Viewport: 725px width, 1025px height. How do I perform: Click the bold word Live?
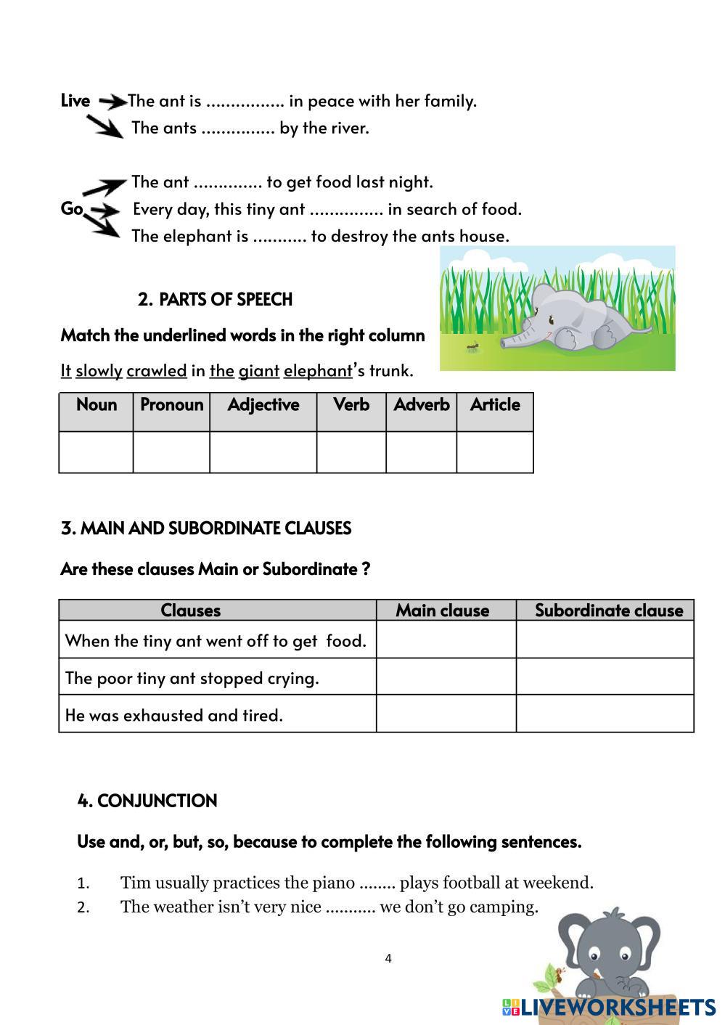[x=75, y=101]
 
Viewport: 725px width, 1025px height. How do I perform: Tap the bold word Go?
[x=71, y=209]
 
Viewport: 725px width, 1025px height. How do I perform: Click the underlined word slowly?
[x=99, y=371]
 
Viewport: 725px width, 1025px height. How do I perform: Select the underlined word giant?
[x=259, y=371]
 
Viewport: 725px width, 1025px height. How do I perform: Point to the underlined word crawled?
[x=157, y=371]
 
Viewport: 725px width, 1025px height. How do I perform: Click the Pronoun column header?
[x=171, y=405]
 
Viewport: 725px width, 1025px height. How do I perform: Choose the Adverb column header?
[x=421, y=405]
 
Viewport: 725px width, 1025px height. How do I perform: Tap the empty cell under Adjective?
[x=263, y=452]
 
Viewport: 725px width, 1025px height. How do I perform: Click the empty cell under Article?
[x=495, y=452]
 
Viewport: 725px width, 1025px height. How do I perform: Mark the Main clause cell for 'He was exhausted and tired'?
[x=446, y=714]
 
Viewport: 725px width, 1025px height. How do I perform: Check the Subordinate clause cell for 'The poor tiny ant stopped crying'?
[x=605, y=677]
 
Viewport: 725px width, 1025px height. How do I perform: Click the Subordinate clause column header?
[x=608, y=610]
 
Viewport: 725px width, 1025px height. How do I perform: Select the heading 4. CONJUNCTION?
[x=147, y=801]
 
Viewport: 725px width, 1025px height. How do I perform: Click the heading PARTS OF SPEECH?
[x=225, y=299]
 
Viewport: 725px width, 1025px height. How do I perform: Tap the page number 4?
[x=388, y=958]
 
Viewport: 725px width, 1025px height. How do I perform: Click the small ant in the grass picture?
[x=473, y=347]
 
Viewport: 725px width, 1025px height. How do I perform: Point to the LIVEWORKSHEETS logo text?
[x=617, y=1007]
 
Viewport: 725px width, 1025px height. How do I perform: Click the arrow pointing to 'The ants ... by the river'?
[x=105, y=128]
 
